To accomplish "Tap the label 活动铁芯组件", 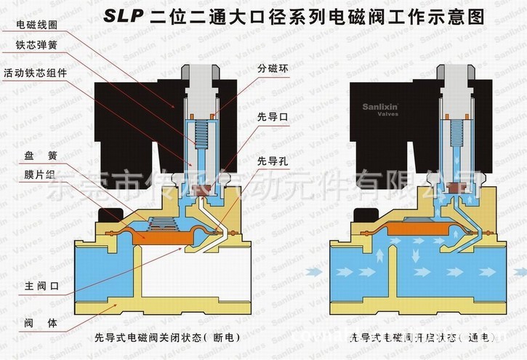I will point(31,73).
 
